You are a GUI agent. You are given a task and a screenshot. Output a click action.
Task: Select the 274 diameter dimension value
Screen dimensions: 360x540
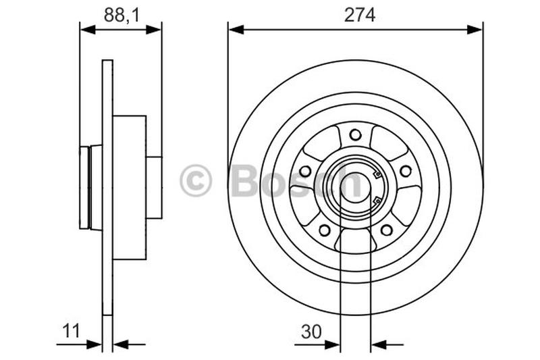(x=359, y=15)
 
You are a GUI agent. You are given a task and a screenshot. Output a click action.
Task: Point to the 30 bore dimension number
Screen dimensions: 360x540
(x=310, y=331)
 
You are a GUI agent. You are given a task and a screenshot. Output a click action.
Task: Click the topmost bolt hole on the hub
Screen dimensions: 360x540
(x=355, y=134)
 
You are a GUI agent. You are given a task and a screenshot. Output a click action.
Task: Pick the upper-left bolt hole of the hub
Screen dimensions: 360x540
(x=305, y=171)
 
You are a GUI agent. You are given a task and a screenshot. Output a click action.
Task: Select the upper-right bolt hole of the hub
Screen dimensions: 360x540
(x=406, y=171)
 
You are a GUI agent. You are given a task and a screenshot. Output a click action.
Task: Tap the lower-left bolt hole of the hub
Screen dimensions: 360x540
(x=325, y=230)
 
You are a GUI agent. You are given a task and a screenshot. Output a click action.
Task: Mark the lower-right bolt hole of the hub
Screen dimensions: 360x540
(x=386, y=230)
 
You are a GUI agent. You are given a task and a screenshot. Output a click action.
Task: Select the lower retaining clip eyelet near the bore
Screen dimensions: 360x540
(x=377, y=200)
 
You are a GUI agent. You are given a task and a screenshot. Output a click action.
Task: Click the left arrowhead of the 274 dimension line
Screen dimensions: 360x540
(x=234, y=28)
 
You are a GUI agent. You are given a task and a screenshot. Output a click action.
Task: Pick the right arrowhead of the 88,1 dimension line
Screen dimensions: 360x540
(x=156, y=28)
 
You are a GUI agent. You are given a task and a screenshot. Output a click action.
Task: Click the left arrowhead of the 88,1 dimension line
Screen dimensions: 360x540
(x=86, y=28)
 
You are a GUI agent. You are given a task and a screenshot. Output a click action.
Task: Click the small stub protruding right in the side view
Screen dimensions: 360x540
(x=154, y=187)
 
